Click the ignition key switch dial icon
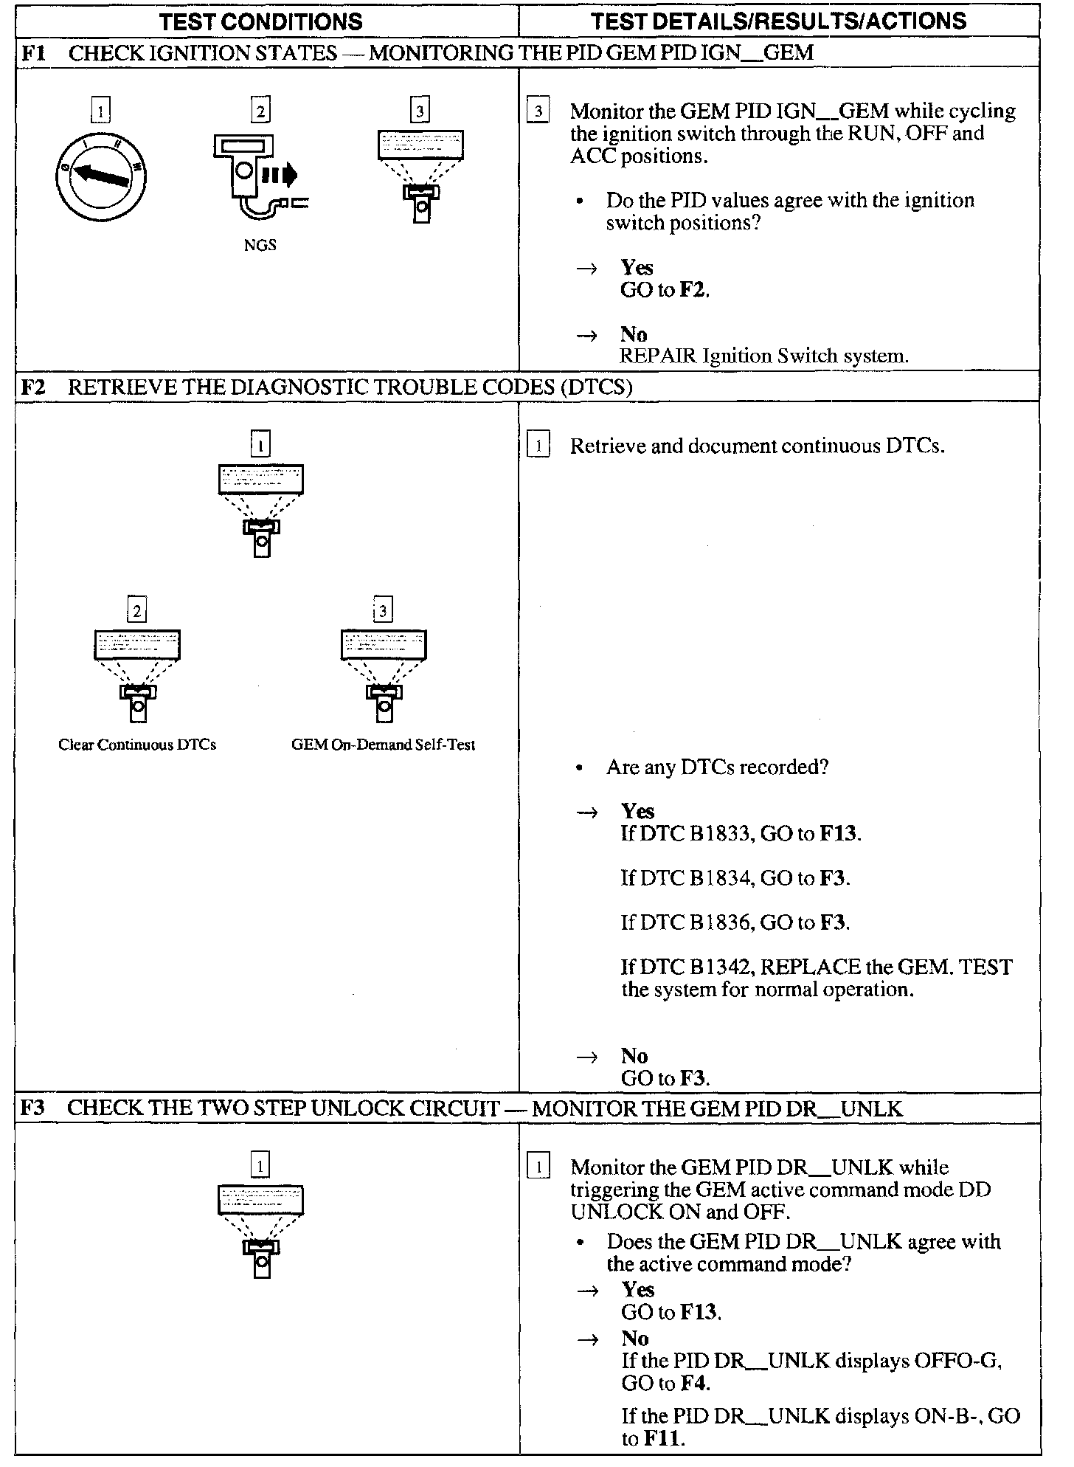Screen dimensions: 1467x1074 click(101, 176)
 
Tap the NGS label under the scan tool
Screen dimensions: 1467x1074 click(260, 245)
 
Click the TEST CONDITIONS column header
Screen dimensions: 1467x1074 click(261, 21)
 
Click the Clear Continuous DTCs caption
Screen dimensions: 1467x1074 click(137, 745)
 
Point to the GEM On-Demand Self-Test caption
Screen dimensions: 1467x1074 click(383, 745)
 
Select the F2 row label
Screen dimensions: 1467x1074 click(32, 387)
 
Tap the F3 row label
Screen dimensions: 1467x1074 click(32, 1108)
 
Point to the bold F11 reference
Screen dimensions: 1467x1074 click(664, 1439)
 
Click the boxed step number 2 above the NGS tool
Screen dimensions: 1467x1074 click(260, 111)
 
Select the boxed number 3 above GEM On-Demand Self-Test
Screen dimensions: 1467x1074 click(383, 610)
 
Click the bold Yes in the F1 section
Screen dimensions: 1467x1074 click(637, 267)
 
